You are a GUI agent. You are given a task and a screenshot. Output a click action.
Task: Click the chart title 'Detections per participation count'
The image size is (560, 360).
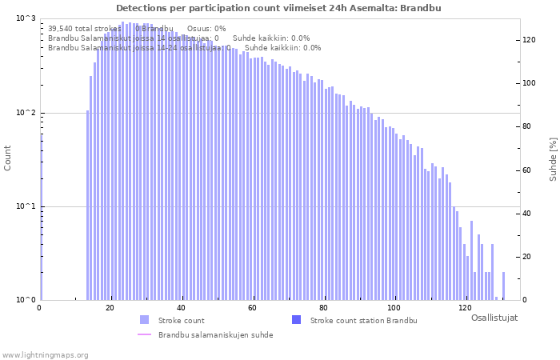coord(278,8)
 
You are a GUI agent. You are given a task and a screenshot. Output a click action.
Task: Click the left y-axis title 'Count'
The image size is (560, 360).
coord(8,158)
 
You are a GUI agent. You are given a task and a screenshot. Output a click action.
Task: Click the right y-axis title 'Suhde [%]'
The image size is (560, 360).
coord(552,158)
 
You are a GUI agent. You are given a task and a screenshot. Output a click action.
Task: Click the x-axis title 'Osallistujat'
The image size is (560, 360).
coord(494,318)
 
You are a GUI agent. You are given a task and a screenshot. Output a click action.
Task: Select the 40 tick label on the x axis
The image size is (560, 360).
coord(182,308)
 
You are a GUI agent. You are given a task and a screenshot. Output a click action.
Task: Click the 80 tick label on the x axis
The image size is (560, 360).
coord(323,308)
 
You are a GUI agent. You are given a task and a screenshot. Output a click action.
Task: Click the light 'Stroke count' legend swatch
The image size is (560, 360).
coord(144,320)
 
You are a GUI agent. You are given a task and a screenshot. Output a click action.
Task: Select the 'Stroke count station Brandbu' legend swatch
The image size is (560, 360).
coord(296,320)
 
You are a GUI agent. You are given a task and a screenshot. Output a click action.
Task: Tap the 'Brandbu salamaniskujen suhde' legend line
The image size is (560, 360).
coord(144,334)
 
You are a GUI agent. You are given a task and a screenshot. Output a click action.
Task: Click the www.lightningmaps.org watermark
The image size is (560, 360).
coord(44,354)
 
